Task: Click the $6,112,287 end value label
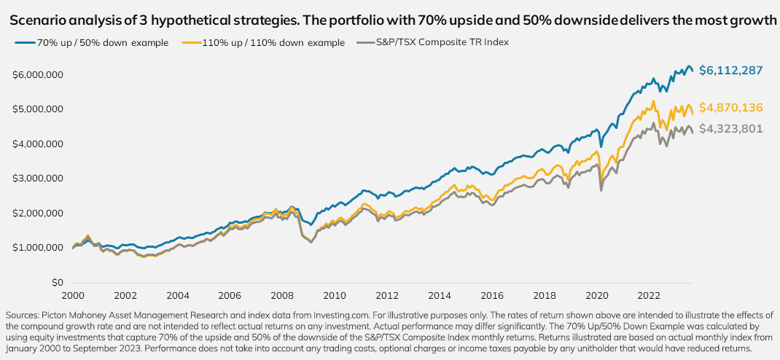click(x=730, y=71)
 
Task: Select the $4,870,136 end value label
click(x=730, y=108)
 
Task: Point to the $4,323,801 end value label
click(x=730, y=130)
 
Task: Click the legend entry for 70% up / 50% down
click(x=95, y=42)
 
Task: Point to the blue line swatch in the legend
click(x=26, y=42)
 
